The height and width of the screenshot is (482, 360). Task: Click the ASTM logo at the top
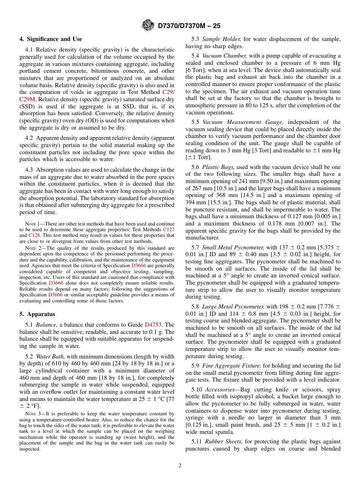148,25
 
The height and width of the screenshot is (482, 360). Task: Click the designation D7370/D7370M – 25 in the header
189,26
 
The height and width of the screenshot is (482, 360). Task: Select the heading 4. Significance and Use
51,39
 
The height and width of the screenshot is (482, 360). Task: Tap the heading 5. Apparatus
37,314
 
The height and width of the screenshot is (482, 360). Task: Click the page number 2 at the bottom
180,466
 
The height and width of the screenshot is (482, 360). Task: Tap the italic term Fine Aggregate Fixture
232,366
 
